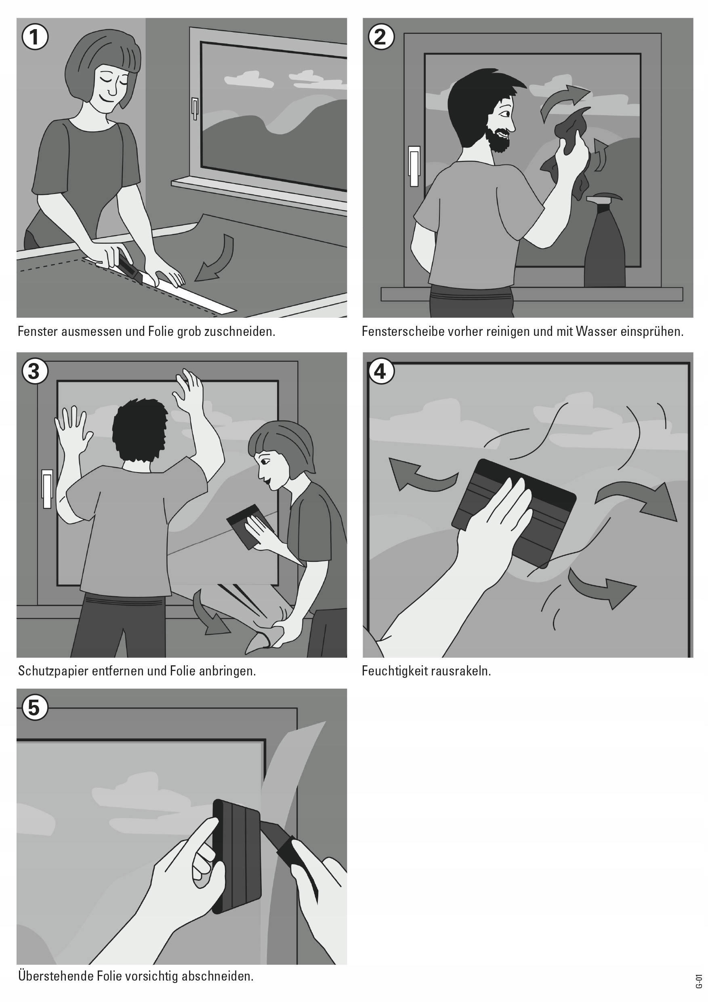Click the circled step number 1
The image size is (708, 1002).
(x=34, y=37)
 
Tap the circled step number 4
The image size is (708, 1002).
(x=380, y=371)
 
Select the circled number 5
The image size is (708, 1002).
(x=34, y=707)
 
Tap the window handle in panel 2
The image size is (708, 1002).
(x=414, y=166)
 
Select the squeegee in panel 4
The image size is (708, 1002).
(x=515, y=513)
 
